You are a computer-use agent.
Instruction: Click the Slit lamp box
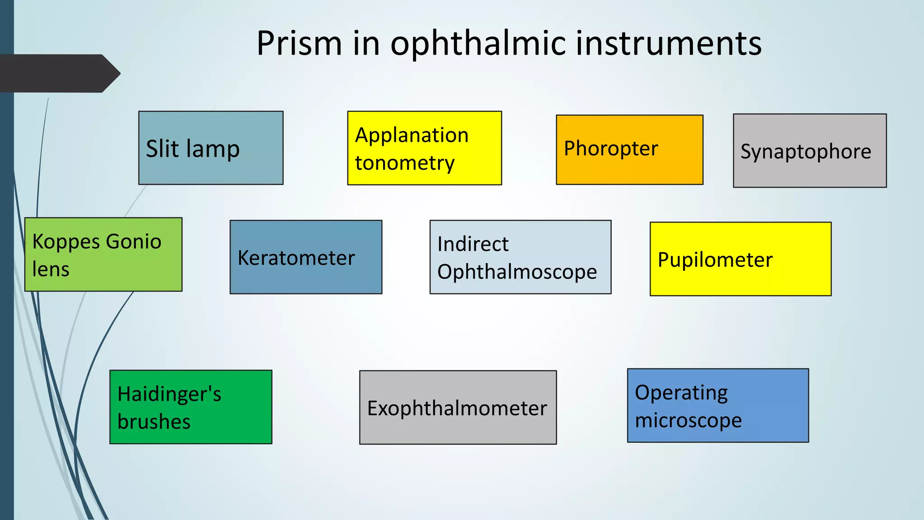[211, 148]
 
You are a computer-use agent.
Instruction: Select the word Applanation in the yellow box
[411, 135]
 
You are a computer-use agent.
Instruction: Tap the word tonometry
[404, 163]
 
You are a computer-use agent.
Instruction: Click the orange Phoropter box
[629, 149]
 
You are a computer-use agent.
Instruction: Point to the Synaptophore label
[805, 152]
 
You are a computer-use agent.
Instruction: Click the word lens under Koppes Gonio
[51, 269]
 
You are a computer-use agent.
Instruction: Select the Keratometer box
[305, 257]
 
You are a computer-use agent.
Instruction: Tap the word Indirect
[472, 244]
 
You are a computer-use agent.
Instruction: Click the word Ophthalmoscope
[517, 272]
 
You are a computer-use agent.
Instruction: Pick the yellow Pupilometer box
[740, 259]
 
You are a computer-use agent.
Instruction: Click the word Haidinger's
[169, 394]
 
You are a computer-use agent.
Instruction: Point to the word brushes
[153, 422]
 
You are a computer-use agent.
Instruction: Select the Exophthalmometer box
[457, 408]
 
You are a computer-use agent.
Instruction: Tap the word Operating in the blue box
[681, 393]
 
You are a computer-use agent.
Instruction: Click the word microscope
[688, 421]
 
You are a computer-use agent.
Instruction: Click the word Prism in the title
[299, 43]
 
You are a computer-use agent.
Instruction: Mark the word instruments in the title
[668, 43]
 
